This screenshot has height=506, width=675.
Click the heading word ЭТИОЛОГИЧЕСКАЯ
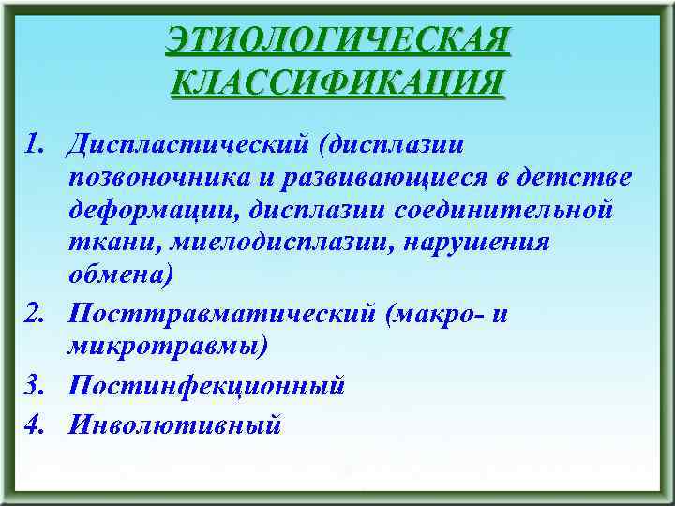click(338, 42)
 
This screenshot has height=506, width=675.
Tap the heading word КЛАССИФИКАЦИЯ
click(338, 83)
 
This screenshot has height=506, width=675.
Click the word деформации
click(149, 211)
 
